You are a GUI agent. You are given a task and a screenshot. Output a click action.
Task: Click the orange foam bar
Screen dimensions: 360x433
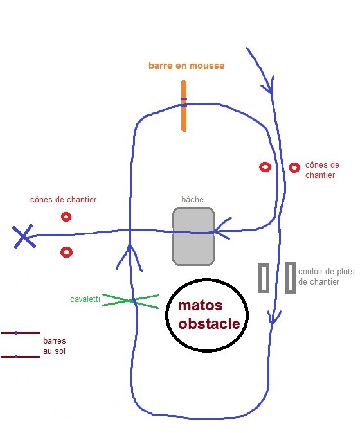pos(184,106)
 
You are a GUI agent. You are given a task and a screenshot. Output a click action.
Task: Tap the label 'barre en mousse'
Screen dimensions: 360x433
pos(186,66)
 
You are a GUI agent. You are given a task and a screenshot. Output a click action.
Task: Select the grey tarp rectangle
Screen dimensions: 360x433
pos(194,236)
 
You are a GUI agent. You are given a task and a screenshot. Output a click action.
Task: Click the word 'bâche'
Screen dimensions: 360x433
pos(192,199)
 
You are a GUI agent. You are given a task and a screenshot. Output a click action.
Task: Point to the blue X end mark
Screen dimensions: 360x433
pos(24,236)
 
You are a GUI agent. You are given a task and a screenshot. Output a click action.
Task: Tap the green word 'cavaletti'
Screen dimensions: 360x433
pos(85,299)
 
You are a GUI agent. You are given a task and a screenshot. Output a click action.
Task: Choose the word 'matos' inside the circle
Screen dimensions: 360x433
pos(201,305)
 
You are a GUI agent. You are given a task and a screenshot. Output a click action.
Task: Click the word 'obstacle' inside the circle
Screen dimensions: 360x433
pos(209,324)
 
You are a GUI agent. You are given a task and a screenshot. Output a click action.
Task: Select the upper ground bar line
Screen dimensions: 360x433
pos(21,333)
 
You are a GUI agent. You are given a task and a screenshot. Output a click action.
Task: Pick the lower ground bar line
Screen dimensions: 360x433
pos(21,357)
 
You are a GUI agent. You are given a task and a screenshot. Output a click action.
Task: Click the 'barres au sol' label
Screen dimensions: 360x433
pos(55,346)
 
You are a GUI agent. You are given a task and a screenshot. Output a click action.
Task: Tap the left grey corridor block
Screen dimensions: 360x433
pos(264,278)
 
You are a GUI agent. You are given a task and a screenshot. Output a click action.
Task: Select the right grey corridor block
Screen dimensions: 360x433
pos(291,278)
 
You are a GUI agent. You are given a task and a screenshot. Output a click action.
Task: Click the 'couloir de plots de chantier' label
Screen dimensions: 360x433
pos(327,276)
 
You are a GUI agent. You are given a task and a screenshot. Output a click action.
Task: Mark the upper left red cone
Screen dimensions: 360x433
pos(66,216)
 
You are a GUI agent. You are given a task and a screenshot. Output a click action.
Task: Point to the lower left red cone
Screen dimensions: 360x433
pos(66,252)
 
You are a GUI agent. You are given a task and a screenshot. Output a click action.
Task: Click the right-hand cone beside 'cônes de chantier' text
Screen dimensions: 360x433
pos(294,168)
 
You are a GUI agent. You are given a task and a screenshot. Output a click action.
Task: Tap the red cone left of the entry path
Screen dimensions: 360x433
pos(265,167)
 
